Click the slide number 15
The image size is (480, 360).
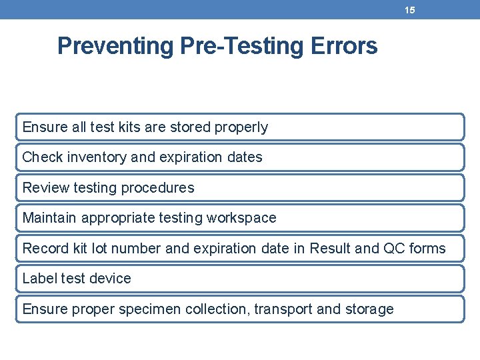(x=410, y=10)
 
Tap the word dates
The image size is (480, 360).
(x=245, y=157)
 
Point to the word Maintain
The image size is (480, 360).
(x=50, y=218)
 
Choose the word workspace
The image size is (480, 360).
(x=241, y=218)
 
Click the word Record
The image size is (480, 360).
(x=45, y=249)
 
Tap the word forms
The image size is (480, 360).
(x=427, y=249)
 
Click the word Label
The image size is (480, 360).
(x=39, y=279)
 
